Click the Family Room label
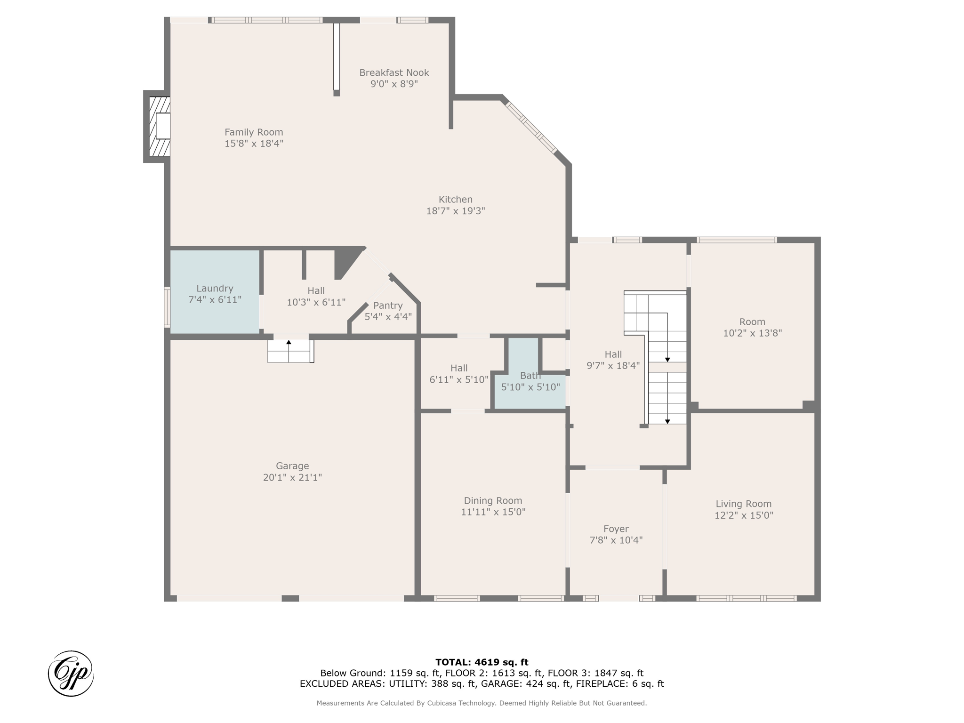(254, 132)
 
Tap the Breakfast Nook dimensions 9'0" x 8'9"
(394, 84)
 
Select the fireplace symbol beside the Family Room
(157, 126)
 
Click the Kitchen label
(456, 200)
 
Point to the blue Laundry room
(215, 291)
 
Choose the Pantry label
(388, 305)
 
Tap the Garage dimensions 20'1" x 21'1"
(292, 477)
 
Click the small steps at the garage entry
(290, 351)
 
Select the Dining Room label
(493, 501)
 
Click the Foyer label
(616, 529)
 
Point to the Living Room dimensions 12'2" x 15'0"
(744, 515)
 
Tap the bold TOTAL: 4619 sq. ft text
(482, 662)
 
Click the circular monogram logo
(71, 674)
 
